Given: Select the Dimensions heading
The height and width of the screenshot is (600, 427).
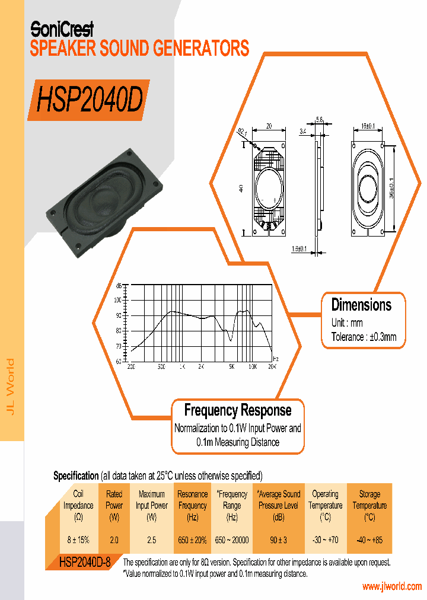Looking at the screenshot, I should (361, 305).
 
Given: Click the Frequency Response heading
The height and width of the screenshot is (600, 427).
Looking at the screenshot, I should (238, 410).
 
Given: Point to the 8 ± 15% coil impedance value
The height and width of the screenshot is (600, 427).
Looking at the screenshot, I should (78, 540).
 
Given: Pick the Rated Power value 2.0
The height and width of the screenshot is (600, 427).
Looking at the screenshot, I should (114, 540).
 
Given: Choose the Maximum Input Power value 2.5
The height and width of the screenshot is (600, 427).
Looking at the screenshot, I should (152, 540).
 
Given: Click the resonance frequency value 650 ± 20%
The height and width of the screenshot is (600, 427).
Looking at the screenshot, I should (192, 540).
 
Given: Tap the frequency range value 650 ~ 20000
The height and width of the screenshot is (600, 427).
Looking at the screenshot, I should (232, 540).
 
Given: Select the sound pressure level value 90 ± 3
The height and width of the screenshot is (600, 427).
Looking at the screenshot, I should (279, 540).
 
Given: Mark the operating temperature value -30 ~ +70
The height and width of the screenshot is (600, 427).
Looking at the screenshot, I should (325, 540).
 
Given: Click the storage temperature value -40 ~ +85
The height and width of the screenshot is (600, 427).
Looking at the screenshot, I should (369, 540).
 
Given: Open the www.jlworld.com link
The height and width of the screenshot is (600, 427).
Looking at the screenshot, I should (391, 586).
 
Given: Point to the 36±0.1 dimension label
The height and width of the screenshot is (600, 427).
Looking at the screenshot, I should (399, 185).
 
